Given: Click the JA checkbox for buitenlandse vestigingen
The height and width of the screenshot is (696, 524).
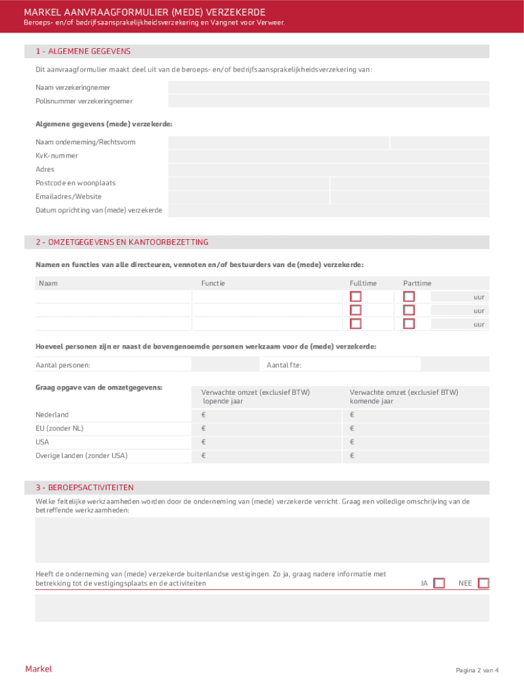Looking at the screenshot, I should point(439,583).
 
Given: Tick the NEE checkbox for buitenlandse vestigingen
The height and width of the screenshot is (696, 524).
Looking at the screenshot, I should point(483,583).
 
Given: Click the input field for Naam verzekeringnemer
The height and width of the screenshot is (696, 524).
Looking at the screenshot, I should point(328,87).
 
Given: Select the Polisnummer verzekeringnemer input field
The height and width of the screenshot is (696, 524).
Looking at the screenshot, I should point(328,101).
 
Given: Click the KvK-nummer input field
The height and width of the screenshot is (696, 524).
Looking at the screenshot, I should point(328,156).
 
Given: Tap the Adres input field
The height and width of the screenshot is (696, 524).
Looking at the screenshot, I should point(328,169).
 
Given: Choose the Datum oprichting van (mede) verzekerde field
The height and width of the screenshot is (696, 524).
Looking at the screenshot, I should point(328,211).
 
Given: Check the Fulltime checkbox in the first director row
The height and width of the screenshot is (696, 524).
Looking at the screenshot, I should point(355,296).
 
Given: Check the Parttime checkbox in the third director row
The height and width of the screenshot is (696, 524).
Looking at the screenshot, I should point(408,324).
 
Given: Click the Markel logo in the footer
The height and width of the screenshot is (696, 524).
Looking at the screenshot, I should point(39,669).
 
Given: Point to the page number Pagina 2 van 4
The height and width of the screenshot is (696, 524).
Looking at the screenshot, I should point(477,670).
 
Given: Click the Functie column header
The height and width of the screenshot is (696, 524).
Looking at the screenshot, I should point(213,283).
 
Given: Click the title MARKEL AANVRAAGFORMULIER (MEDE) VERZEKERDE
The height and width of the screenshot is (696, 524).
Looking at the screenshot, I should point(144,12).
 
